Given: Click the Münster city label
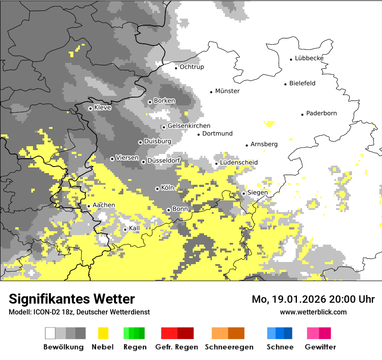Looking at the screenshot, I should click(227, 91).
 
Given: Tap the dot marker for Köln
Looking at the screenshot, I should click(157, 189).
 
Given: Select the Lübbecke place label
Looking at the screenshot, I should click(309, 59).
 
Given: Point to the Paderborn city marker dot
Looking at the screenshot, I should click(302, 115).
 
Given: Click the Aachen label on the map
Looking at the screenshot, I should click(104, 205).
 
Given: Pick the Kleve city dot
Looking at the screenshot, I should click(90, 108).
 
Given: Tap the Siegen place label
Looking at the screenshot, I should click(257, 193).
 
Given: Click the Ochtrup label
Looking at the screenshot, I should click(191, 67).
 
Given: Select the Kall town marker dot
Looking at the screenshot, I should click(125, 229).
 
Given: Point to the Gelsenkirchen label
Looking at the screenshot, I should click(189, 126).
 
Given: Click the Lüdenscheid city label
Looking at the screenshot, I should click(239, 163).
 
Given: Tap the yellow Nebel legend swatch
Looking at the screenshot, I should click(103, 333).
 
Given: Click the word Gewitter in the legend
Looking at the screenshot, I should click(320, 347).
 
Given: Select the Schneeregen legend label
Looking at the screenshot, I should click(229, 347).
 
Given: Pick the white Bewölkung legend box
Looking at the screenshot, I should click(50, 333).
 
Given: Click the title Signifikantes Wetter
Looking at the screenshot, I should click(72, 299).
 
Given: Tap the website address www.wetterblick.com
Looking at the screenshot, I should click(313, 312).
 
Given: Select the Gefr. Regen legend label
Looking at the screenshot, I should click(176, 347).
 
